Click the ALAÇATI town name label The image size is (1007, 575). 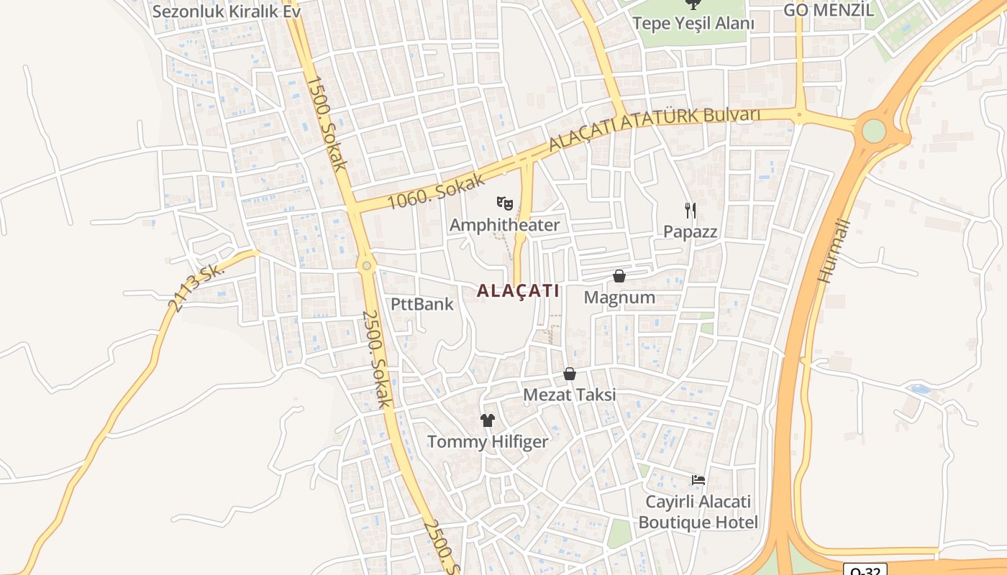518,290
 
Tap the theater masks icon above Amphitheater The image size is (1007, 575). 505,204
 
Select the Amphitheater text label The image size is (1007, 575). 504,225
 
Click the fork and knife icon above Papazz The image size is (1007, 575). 691,210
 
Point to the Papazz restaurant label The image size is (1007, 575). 691,231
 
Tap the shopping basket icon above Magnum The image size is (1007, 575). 619,276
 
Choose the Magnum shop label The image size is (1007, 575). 619,297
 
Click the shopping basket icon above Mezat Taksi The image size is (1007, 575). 570,374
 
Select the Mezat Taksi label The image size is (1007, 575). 570,395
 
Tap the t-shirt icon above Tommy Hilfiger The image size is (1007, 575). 488,420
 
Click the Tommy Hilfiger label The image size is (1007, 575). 488,441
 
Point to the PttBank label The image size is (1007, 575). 422,304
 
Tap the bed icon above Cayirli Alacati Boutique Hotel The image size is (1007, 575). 698,479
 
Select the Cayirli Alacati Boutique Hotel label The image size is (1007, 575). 698,512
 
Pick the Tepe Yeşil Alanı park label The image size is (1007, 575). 693,23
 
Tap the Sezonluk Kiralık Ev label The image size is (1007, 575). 226,11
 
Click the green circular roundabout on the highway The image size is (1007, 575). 873,131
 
